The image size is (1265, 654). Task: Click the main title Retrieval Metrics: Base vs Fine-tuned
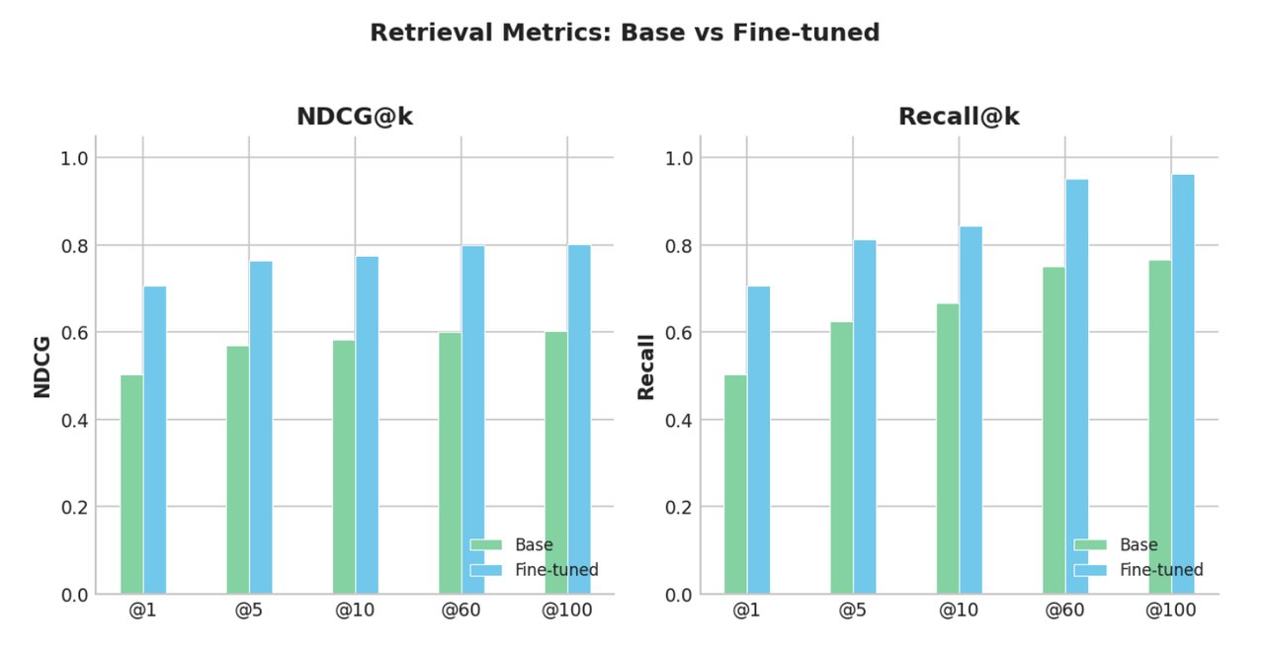coord(625,33)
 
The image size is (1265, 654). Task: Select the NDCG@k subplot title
coord(354,117)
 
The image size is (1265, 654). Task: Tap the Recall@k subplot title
coord(958,117)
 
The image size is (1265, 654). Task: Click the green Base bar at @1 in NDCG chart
coord(131,484)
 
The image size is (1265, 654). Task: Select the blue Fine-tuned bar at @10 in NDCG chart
coord(367,425)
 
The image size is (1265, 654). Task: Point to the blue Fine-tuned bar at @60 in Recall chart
coord(1076,386)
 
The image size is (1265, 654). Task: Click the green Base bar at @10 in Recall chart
coord(947,449)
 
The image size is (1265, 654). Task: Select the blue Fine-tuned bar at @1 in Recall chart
coord(758,440)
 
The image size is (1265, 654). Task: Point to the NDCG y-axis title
coord(42,366)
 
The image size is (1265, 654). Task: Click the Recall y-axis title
coord(646,367)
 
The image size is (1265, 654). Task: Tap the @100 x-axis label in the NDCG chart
coord(566,611)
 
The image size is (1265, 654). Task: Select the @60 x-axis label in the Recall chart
coord(1064,611)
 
